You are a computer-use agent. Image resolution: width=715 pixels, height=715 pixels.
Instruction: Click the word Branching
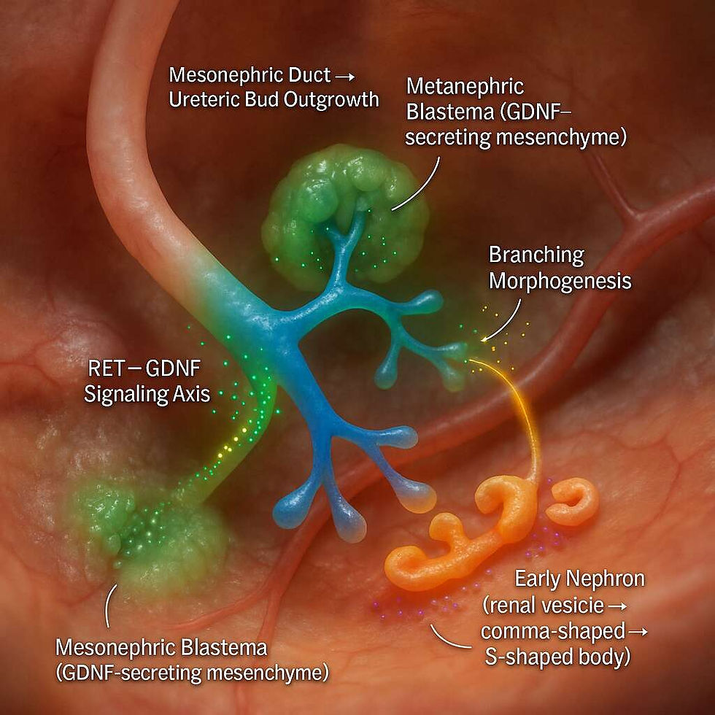point(536,255)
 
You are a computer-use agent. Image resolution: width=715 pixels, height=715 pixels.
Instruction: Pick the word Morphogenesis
point(560,281)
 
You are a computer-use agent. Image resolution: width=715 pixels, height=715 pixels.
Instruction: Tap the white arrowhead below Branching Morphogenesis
point(484,337)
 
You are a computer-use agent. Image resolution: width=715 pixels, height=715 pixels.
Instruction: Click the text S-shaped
point(528,656)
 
